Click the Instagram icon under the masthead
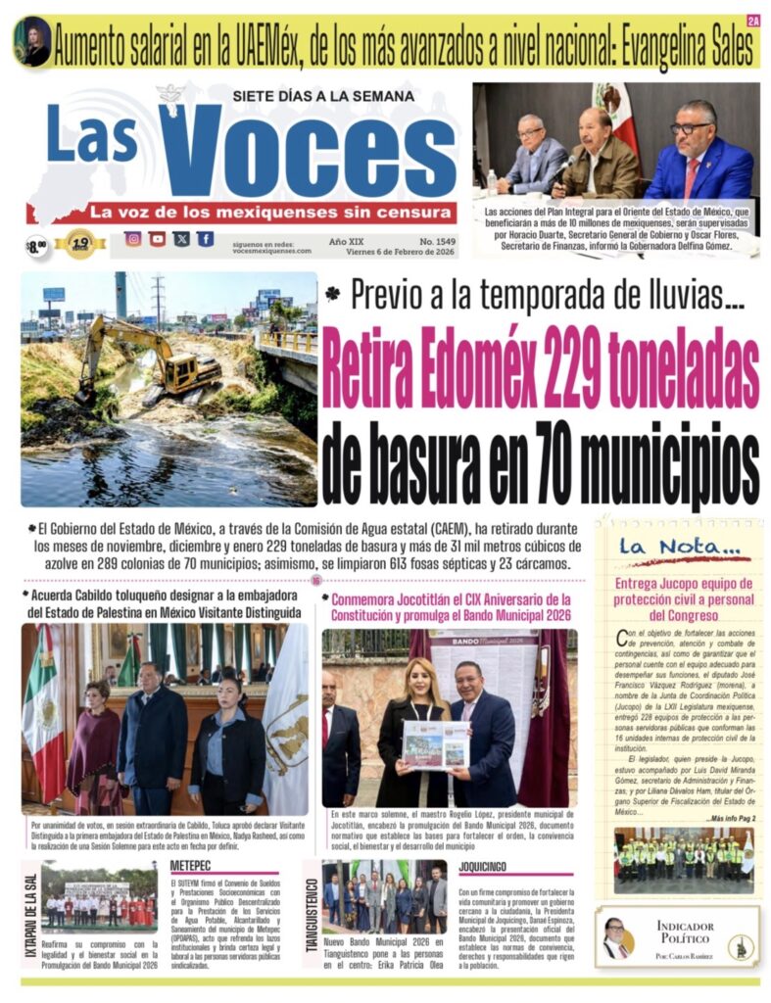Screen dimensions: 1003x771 132,239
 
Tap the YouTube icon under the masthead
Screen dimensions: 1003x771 157,239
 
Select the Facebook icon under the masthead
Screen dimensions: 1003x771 205,239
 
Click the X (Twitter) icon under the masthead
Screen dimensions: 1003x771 181,239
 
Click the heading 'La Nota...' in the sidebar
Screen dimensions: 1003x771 665,547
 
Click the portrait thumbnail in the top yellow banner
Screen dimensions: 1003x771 32,42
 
